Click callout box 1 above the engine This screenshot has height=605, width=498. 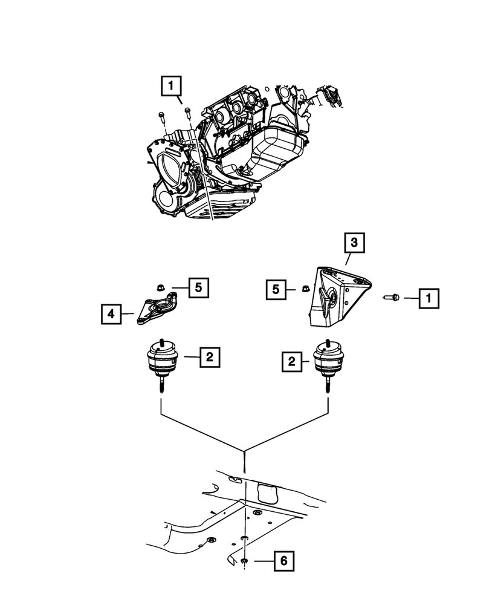(171, 86)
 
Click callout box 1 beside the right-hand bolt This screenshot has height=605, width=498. (429, 297)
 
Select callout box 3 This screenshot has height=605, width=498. (355, 244)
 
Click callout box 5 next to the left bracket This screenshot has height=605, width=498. (198, 287)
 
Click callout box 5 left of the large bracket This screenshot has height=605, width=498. (276, 290)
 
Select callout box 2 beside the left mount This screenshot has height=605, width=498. (209, 358)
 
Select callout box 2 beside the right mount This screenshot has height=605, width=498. (291, 362)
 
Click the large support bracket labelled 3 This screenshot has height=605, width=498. (338, 296)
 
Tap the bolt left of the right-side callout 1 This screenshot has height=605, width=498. (390, 297)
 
